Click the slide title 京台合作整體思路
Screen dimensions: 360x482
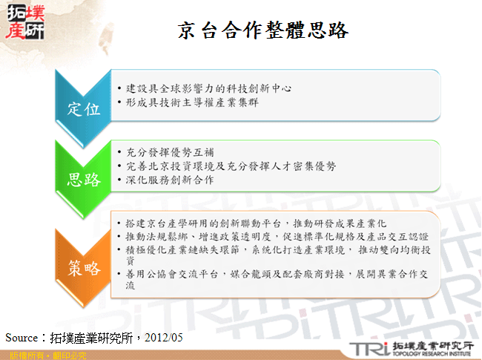point(263,30)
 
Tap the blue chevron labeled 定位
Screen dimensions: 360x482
point(84,108)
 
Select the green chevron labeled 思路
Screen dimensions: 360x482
point(84,178)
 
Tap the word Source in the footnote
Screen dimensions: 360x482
point(21,338)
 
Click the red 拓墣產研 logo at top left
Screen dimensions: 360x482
point(24,22)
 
